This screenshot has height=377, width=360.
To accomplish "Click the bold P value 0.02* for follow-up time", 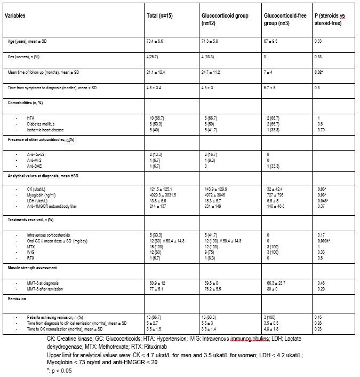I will pos(319,71).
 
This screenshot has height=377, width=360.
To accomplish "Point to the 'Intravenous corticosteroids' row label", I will pos(48,235).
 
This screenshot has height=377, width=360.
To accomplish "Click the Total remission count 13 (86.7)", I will pos(157,317).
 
